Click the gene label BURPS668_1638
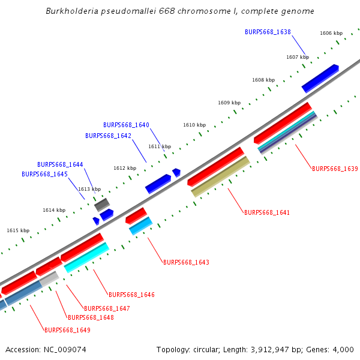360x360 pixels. coord(268,32)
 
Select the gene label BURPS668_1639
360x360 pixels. coord(335,169)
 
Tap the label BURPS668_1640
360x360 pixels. coord(126,125)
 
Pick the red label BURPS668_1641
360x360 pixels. coord(267,212)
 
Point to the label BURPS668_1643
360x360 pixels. coord(186,262)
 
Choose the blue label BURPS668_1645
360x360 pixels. coord(44,174)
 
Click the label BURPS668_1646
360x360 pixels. coord(131,295)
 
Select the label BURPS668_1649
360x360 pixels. coord(67,330)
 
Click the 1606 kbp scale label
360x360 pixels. coord(331,34)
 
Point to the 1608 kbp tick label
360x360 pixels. coord(263,80)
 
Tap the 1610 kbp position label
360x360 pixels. coord(194,125)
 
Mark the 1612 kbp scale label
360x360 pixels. coord(125,168)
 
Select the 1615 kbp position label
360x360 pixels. coord(18,230)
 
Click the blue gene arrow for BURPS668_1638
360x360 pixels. coord(320,78)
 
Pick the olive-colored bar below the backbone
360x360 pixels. coord(220,176)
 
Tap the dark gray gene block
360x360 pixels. coord(101,204)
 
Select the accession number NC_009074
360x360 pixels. coord(64,349)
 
